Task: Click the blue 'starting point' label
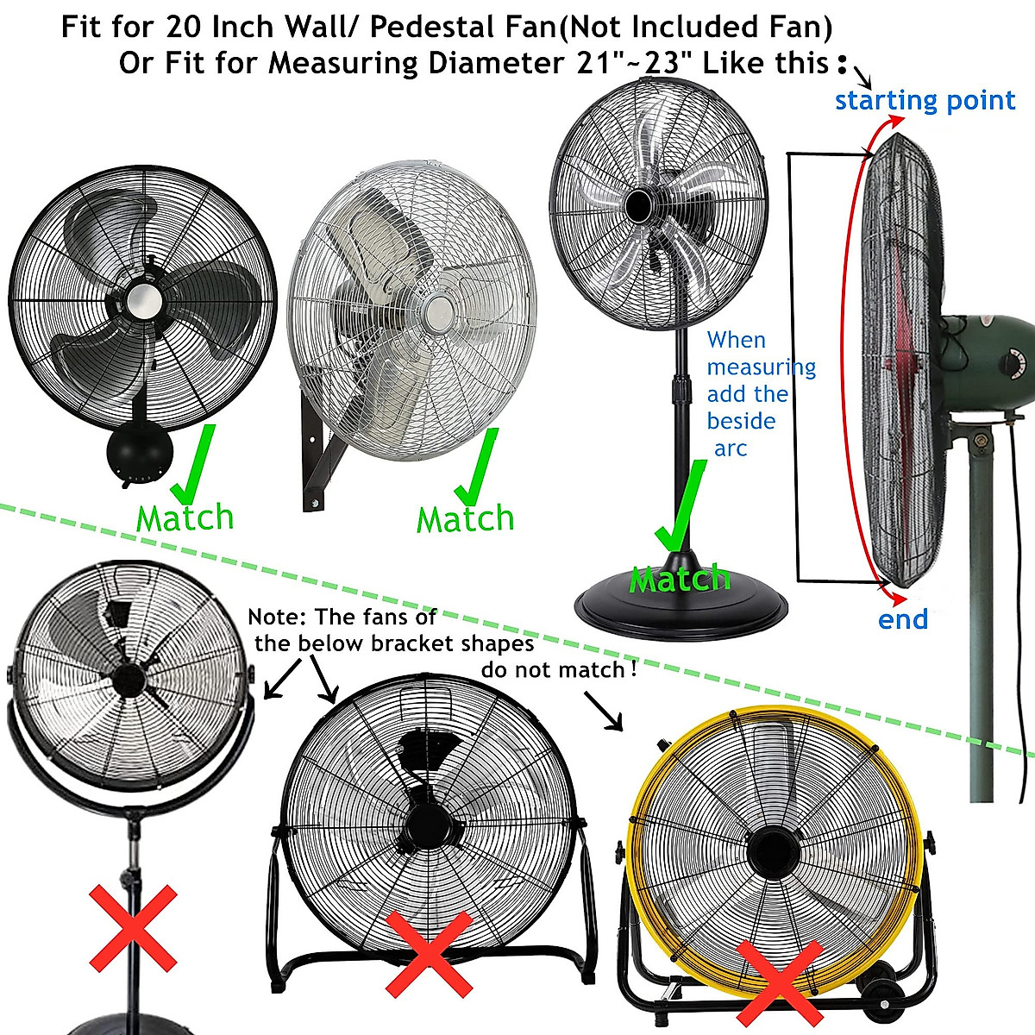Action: click(925, 101)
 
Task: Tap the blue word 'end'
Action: click(902, 619)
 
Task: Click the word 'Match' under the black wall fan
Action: click(185, 518)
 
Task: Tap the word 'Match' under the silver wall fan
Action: click(465, 519)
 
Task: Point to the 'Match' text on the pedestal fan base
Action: click(680, 579)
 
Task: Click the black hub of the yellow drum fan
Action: click(770, 846)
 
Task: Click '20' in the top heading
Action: click(184, 28)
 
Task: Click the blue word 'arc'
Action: click(730, 448)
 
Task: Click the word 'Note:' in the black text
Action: click(277, 617)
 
